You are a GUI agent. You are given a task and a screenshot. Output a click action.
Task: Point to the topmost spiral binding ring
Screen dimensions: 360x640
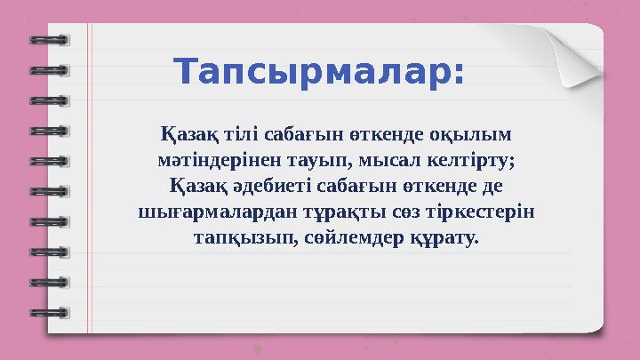coord(48,40)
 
